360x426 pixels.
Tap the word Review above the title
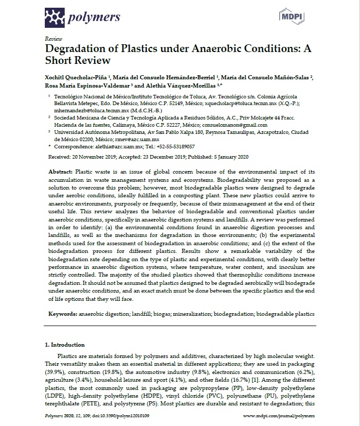pyautogui.click(x=54, y=39)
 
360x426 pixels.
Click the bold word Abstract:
pyautogui.click(x=60, y=171)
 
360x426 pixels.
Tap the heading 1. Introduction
pyautogui.click(x=65, y=345)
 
